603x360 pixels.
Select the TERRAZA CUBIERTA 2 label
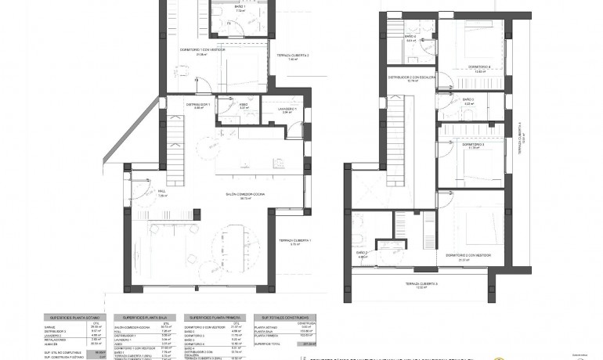point(292,56)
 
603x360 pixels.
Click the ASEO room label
point(244,105)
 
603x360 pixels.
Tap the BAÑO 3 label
point(468,99)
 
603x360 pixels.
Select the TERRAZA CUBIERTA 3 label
point(421,283)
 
